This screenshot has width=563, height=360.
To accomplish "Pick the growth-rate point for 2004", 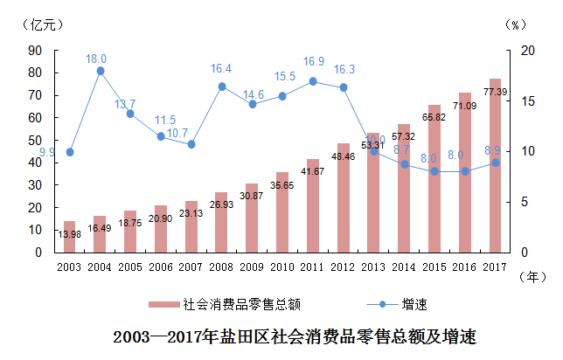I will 101,71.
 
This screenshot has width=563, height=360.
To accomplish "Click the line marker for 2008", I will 222,87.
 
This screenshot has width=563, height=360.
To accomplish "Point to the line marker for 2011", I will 313,81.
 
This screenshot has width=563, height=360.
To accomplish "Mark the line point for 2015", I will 434,171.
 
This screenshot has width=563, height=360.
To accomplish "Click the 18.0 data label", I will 96,59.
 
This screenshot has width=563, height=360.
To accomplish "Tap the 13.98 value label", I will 70,234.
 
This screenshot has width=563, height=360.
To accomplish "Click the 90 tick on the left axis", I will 36,51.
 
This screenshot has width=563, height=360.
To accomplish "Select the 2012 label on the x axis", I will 344,266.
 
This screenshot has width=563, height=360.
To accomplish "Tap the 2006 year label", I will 161,266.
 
